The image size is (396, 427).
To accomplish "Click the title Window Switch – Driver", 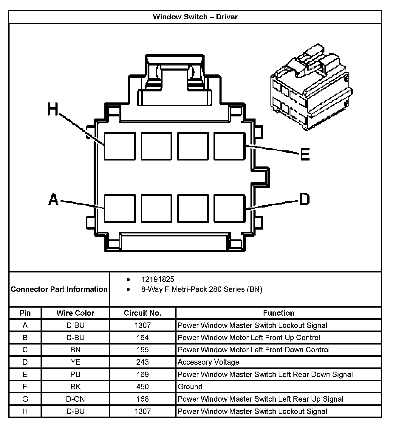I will (x=195, y=17).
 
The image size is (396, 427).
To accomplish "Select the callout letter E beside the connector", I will (x=305, y=154).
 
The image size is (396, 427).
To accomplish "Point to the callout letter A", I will (x=53, y=199).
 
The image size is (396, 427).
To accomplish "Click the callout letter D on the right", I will (x=304, y=199).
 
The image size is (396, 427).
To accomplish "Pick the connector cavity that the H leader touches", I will (x=120, y=146).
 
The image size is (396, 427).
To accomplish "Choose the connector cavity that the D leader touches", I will (x=229, y=208).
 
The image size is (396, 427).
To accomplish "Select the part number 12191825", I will (x=157, y=279).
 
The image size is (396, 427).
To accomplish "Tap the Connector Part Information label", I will (x=59, y=289).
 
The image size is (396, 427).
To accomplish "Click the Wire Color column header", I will (x=75, y=313).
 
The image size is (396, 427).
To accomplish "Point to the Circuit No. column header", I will (x=143, y=313).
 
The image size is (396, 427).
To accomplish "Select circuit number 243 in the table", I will (x=143, y=362).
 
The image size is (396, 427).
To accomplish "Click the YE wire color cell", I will (x=75, y=362).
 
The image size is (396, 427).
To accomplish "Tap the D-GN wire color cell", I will (x=75, y=399).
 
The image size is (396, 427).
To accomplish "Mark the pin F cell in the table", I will (x=25, y=387).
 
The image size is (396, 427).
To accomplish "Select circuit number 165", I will (x=143, y=350).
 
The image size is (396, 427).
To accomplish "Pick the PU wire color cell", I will (x=75, y=374).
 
